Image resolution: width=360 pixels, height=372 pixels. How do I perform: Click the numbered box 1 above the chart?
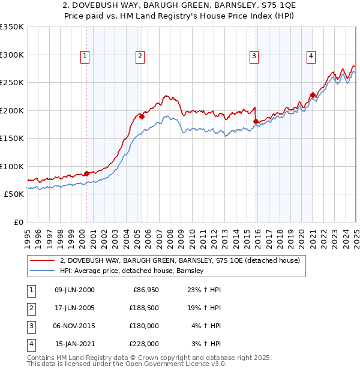pyautogui.click(x=85, y=57)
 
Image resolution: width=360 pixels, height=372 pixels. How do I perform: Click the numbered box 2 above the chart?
pyautogui.click(x=140, y=57)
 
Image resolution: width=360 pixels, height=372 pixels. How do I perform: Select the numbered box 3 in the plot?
pyautogui.click(x=254, y=57)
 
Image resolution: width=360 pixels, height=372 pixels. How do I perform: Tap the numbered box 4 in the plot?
pyautogui.click(x=311, y=57)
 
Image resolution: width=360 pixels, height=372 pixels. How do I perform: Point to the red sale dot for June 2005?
pyautogui.click(x=142, y=117)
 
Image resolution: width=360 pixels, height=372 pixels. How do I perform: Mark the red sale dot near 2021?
pyautogui.click(x=313, y=95)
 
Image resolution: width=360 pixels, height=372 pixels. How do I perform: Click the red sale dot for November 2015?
pyautogui.click(x=256, y=122)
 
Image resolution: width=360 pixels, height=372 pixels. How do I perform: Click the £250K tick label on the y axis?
pyautogui.click(x=11, y=83)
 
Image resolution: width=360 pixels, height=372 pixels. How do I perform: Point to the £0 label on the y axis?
pyautogui.click(x=17, y=223)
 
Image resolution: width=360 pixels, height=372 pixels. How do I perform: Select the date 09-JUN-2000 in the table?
pyautogui.click(x=74, y=290)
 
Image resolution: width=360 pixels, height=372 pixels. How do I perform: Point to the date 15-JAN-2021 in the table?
pyautogui.click(x=74, y=344)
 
